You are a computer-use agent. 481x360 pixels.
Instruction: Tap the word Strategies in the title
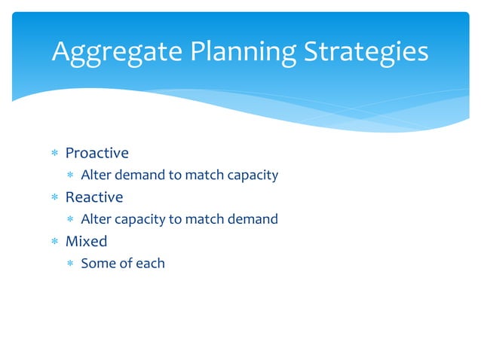pyautogui.click(x=366, y=51)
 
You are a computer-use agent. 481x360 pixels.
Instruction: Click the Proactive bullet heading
pyautogui.click(x=97, y=153)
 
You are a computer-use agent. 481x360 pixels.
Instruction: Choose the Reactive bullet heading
pyautogui.click(x=93, y=197)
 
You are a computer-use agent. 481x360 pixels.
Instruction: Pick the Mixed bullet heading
pyautogui.click(x=86, y=241)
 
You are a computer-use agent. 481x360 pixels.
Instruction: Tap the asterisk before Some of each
pyautogui.click(x=70, y=264)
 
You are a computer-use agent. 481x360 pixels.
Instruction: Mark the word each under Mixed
pyautogui.click(x=149, y=264)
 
